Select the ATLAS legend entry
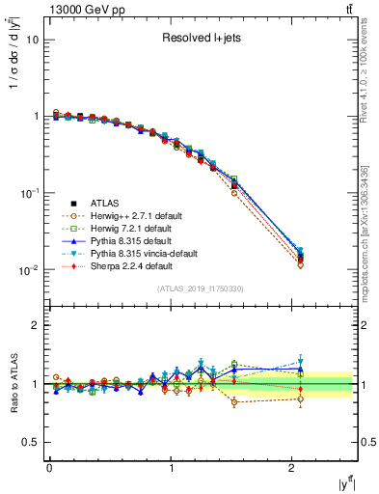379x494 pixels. click(106, 204)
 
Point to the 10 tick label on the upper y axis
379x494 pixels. click(32, 41)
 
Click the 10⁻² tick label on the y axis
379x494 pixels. click(29, 270)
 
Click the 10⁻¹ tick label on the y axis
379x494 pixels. click(29, 193)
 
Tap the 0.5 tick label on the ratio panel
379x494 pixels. click(30, 442)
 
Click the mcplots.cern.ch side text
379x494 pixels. click(370, 207)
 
